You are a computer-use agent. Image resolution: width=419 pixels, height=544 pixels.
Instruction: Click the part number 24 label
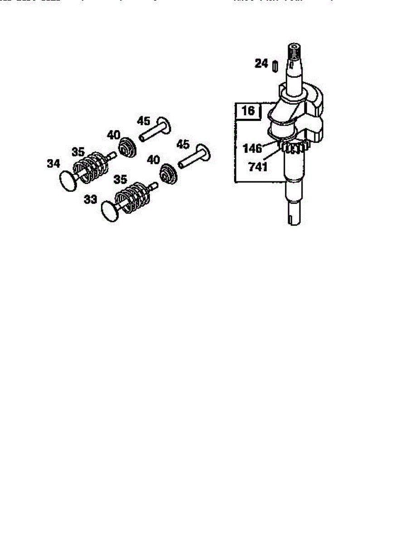[261, 64]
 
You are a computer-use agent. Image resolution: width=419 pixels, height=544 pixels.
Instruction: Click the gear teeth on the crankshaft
[294, 148]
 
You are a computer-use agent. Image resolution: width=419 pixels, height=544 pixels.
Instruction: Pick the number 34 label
[53, 164]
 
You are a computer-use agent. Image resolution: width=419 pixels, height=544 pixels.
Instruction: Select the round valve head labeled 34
[69, 181]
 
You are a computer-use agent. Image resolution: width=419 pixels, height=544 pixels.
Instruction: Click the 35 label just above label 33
[120, 180]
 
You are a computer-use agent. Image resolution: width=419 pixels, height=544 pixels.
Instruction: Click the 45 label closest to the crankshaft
[183, 144]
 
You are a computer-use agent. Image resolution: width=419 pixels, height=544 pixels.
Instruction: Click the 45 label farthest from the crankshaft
[144, 121]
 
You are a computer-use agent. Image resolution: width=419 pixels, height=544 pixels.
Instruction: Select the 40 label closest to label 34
[114, 135]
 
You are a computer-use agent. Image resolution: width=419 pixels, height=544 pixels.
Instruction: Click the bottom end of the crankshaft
[295, 219]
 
